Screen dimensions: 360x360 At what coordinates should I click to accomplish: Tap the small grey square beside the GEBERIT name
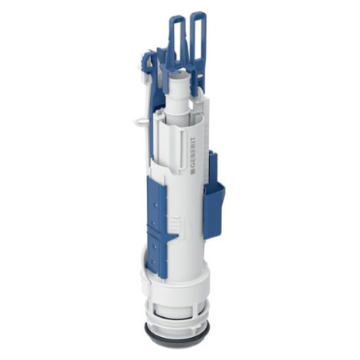point(192,171)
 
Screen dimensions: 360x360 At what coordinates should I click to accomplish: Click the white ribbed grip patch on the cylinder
point(174,221)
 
